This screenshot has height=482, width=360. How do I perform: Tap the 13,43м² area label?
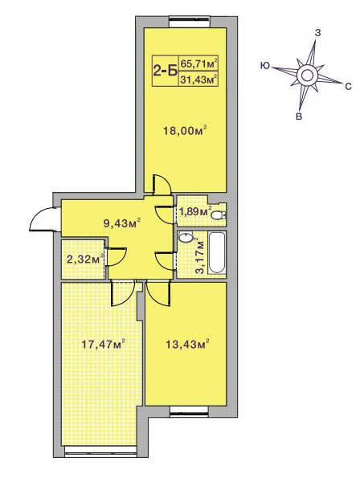(x=187, y=344)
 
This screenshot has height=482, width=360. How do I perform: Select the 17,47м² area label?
(x=103, y=344)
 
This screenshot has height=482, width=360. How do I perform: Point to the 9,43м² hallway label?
(x=122, y=223)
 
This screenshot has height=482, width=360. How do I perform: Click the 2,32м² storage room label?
(x=85, y=259)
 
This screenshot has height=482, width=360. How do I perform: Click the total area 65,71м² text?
(x=199, y=64)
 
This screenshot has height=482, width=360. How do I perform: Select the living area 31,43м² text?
(x=199, y=80)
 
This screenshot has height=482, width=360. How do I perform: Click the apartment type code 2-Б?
(x=166, y=71)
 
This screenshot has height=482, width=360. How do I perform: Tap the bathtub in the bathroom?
(x=217, y=253)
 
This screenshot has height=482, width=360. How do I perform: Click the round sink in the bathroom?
(x=186, y=237)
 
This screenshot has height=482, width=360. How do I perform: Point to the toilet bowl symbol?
(x=219, y=214)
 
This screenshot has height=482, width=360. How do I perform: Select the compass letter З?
(x=318, y=33)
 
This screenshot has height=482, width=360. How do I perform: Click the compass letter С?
(x=348, y=87)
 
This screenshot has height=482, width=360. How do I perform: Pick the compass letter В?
(x=298, y=116)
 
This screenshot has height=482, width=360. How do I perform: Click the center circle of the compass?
(x=307, y=75)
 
